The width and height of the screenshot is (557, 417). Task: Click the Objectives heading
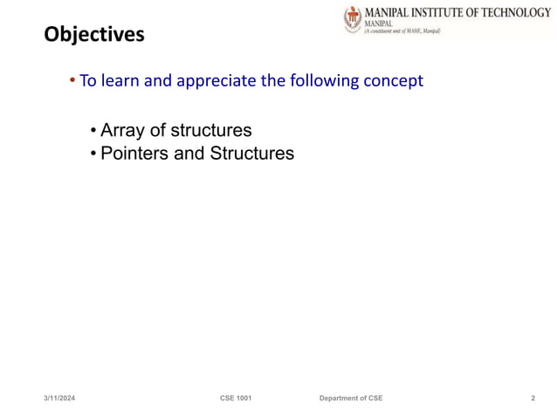[94, 36]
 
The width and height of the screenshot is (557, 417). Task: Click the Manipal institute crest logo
[352, 20]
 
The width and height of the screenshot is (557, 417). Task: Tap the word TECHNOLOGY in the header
[510, 12]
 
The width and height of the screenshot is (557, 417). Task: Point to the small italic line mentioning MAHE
[402, 31]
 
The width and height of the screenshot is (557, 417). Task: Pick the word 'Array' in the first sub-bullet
[123, 131]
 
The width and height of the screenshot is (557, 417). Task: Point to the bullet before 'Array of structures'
[93, 132]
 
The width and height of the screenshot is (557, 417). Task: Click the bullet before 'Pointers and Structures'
[93, 154]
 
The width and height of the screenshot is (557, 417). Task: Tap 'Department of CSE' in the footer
[350, 398]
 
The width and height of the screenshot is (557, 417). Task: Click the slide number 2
[533, 398]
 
